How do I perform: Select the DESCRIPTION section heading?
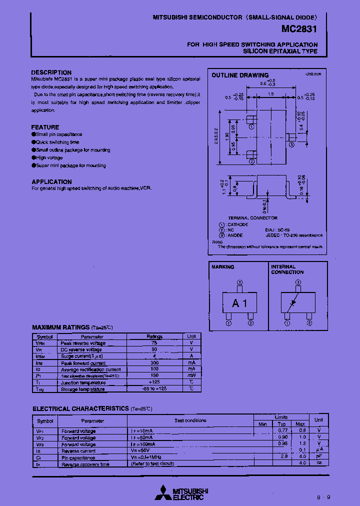(x=51, y=72)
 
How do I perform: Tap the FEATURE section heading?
(x=45, y=127)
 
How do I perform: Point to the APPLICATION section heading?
(x=51, y=181)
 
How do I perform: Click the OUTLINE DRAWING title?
(x=240, y=75)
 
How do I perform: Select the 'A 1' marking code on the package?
(x=239, y=303)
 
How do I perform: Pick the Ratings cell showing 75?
(x=154, y=343)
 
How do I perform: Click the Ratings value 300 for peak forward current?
(x=154, y=363)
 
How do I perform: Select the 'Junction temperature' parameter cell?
(x=83, y=382)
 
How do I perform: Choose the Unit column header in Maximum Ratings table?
(x=191, y=336)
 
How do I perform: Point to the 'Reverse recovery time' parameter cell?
(x=85, y=464)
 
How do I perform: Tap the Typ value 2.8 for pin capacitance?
(x=283, y=457)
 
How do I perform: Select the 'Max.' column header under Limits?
(x=300, y=424)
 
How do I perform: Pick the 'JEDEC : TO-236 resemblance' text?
(x=293, y=235)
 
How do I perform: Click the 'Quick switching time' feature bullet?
(x=57, y=142)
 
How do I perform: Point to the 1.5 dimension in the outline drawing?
(x=270, y=94)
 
